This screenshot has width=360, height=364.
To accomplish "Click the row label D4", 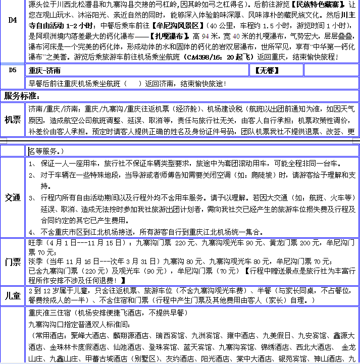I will pos(13,21).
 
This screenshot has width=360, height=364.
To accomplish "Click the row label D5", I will pos(13,70).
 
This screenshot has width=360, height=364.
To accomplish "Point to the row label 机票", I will pos(13,120).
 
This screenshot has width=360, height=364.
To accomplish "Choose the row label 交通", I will pos(13,197).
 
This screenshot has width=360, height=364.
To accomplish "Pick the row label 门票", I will pos(13,262).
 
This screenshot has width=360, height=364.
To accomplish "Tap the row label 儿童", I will pos(13,295).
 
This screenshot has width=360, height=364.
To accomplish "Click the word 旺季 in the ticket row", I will pos(36,243).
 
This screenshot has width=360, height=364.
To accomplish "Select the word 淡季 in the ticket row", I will pos(36,262).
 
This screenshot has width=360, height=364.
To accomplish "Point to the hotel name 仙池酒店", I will pos(128,347).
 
